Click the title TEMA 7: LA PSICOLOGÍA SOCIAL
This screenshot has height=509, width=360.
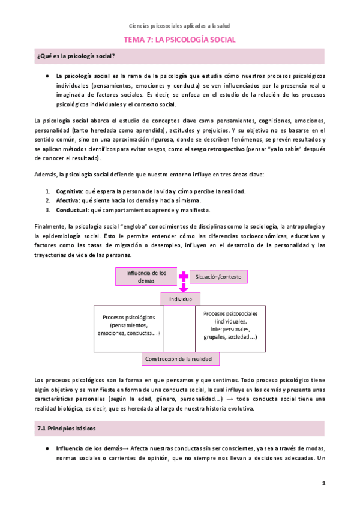(x=179, y=40)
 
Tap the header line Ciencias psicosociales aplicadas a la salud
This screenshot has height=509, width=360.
(x=179, y=26)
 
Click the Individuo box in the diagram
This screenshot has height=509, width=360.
(x=179, y=298)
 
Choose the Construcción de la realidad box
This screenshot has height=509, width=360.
(x=181, y=358)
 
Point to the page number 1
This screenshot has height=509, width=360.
(x=323, y=483)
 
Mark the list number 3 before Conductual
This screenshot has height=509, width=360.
(x=48, y=210)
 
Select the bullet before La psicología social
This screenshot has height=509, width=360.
(x=47, y=77)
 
